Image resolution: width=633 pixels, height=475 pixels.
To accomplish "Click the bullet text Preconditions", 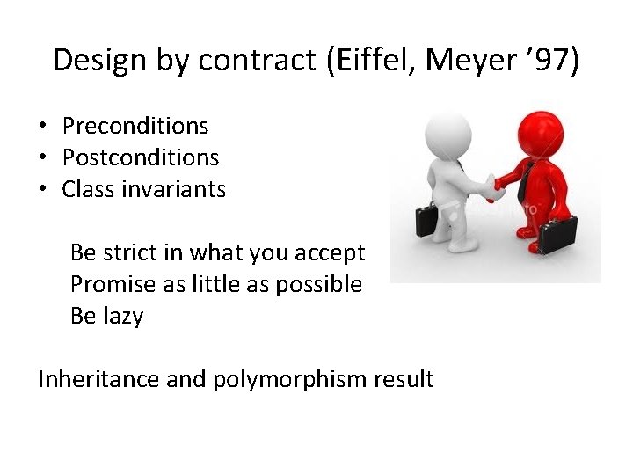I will [x=135, y=127].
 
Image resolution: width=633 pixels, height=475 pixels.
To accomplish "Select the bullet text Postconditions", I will [x=141, y=158].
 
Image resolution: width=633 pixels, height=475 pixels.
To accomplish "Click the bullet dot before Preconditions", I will [x=42, y=127].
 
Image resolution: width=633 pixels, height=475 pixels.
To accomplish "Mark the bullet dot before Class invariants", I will [x=42, y=189].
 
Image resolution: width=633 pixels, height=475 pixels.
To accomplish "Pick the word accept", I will [x=331, y=253].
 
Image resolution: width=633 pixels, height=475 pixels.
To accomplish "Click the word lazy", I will [x=123, y=316].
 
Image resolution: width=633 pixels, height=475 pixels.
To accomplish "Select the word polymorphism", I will [x=294, y=379].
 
